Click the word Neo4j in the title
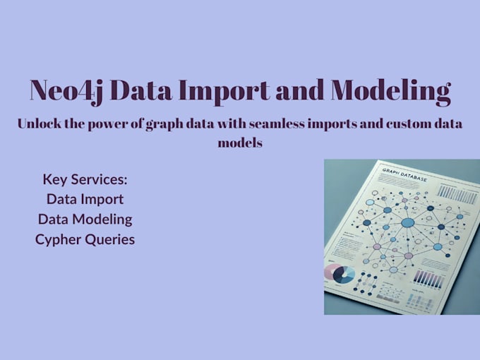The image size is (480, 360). coord(68,91)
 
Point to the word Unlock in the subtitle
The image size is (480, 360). coord(41,124)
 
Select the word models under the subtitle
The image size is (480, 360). coord(240,142)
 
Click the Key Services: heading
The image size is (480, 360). coord(85,179)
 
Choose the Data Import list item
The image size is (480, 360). coord(85,199)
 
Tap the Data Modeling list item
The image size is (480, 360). coord(85,219)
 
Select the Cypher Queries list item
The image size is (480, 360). coord(85,239)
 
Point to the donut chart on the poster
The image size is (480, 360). coord(343,275)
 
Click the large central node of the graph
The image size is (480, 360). coord(407,223)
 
